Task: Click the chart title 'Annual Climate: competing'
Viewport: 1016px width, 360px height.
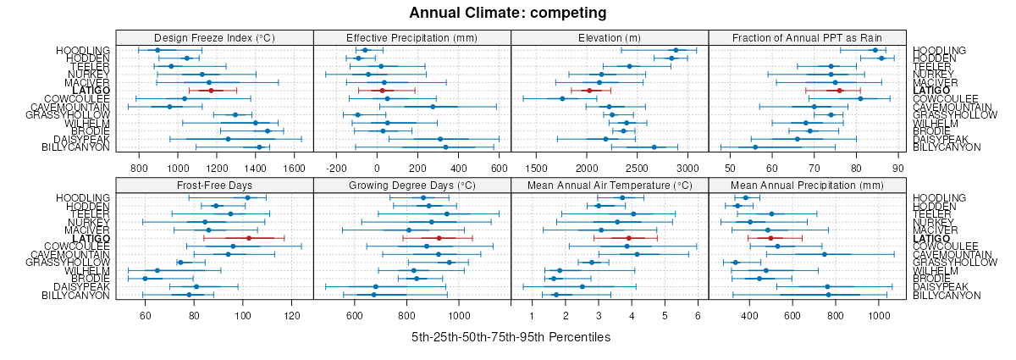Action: coord(508,13)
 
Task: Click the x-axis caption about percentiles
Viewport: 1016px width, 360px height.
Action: coord(511,337)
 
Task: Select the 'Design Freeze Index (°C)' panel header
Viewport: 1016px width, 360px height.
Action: coord(214,37)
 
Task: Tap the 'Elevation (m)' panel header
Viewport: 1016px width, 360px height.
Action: coord(610,37)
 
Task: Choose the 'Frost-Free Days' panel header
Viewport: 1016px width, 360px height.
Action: coord(214,185)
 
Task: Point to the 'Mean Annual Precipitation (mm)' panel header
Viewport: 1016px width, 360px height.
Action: coord(807,185)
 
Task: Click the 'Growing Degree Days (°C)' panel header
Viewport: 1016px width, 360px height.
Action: coord(412,185)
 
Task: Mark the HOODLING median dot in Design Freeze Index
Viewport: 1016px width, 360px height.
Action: coord(157,50)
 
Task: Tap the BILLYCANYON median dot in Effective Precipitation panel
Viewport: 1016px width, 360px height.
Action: coord(445,147)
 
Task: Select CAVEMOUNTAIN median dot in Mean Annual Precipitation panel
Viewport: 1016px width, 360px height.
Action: coord(825,254)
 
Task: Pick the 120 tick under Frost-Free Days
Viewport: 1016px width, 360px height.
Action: coord(293,316)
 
